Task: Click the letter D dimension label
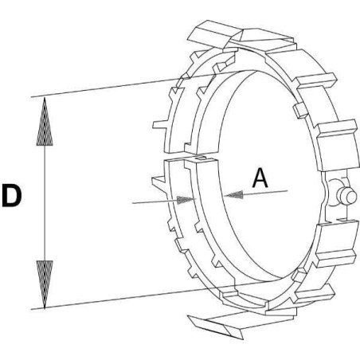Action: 12,196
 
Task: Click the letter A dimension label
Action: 260,178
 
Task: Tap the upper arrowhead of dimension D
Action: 45,122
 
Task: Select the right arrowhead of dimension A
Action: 233,194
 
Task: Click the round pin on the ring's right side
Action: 346,197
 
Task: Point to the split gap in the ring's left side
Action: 183,157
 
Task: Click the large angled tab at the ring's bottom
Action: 216,326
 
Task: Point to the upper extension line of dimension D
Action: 143,83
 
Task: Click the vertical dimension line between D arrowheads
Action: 45,203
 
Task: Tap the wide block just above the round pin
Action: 337,145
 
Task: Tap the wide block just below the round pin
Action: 336,243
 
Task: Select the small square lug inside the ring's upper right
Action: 300,110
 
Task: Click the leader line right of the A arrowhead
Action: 265,193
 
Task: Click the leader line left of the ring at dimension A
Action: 155,202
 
